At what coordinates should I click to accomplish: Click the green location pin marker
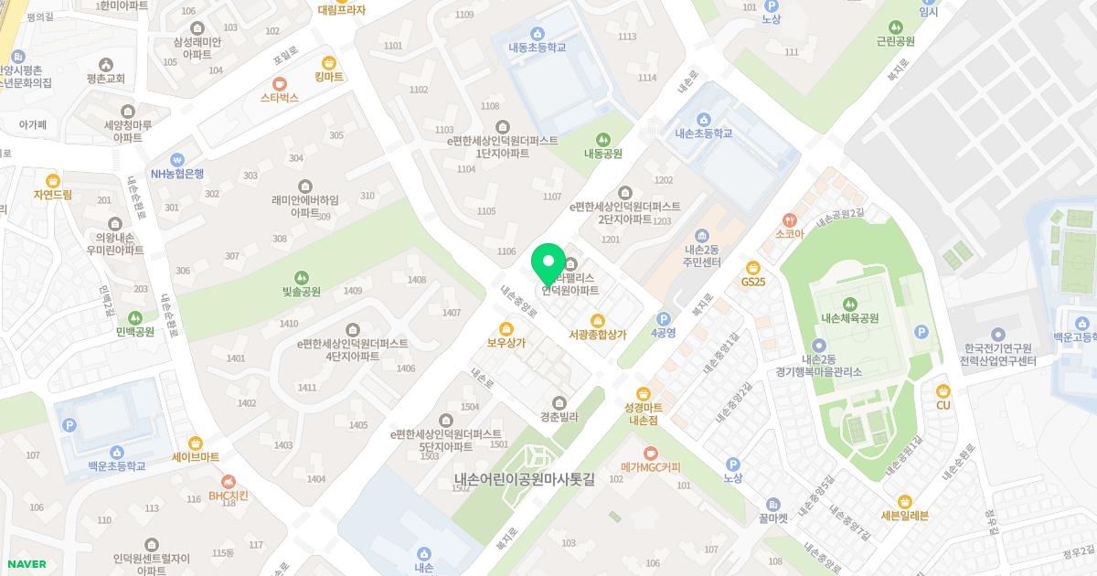pos(548,263)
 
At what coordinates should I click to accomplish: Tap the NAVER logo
pos(26,563)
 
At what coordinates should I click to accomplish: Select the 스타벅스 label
pos(280,97)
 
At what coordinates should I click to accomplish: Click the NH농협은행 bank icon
pos(177,158)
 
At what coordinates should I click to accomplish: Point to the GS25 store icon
pos(753,267)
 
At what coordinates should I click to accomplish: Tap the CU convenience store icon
pos(943,390)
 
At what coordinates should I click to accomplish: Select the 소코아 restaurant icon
pos(789,219)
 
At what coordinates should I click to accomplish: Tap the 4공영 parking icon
pos(664,318)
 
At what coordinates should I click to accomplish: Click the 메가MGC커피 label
pos(651,467)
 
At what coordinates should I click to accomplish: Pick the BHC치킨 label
pos(229,496)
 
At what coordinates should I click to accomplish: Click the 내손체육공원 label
pos(849,318)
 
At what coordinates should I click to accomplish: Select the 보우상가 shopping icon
pos(506,329)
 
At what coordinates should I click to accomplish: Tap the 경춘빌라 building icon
pos(560,402)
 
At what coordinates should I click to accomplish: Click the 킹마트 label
pos(328,77)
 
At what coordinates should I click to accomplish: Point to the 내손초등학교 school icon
pos(703,119)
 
